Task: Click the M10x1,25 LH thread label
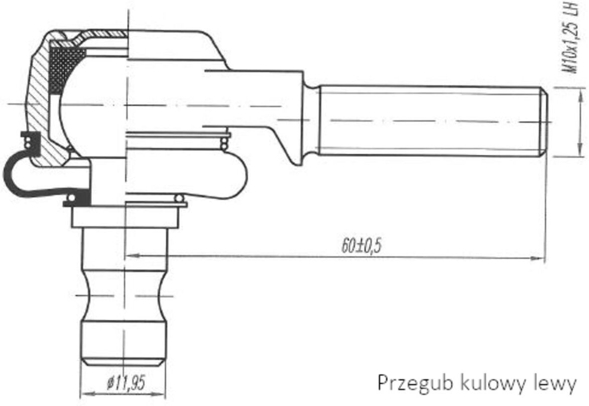571,38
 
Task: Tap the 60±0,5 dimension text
361,246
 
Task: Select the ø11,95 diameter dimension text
126,383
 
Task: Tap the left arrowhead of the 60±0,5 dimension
132,256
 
